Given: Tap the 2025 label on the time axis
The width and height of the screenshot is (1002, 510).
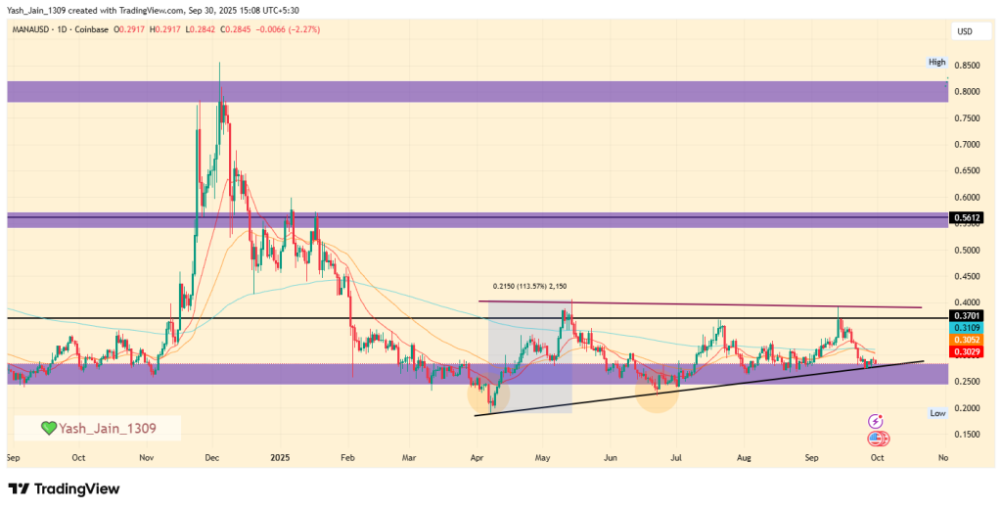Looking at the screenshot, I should pyautogui.click(x=281, y=457).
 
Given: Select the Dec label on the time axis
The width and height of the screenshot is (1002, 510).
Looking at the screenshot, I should pyautogui.click(x=212, y=457).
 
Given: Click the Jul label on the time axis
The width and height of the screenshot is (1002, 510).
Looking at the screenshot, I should pyautogui.click(x=675, y=457).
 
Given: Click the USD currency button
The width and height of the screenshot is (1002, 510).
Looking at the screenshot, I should pyautogui.click(x=964, y=31).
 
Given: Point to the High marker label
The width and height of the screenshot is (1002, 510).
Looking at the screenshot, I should pyautogui.click(x=937, y=63).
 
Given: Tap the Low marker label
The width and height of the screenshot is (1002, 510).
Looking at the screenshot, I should pyautogui.click(x=937, y=414).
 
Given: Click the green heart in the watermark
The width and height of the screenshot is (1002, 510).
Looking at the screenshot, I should pyautogui.click(x=47, y=429).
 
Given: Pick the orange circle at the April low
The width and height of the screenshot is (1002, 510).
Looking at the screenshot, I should pyautogui.click(x=486, y=394).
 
